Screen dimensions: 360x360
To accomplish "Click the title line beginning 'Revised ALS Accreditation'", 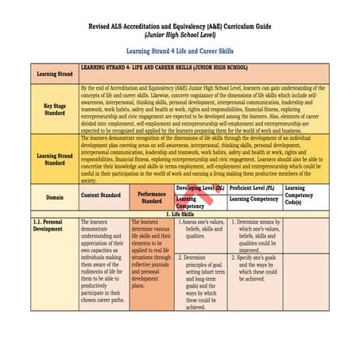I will [180, 26].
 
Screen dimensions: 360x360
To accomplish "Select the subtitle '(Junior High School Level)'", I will [180, 35].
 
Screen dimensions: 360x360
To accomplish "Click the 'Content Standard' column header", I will [100, 195].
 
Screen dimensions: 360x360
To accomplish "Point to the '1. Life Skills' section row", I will [180, 213].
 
